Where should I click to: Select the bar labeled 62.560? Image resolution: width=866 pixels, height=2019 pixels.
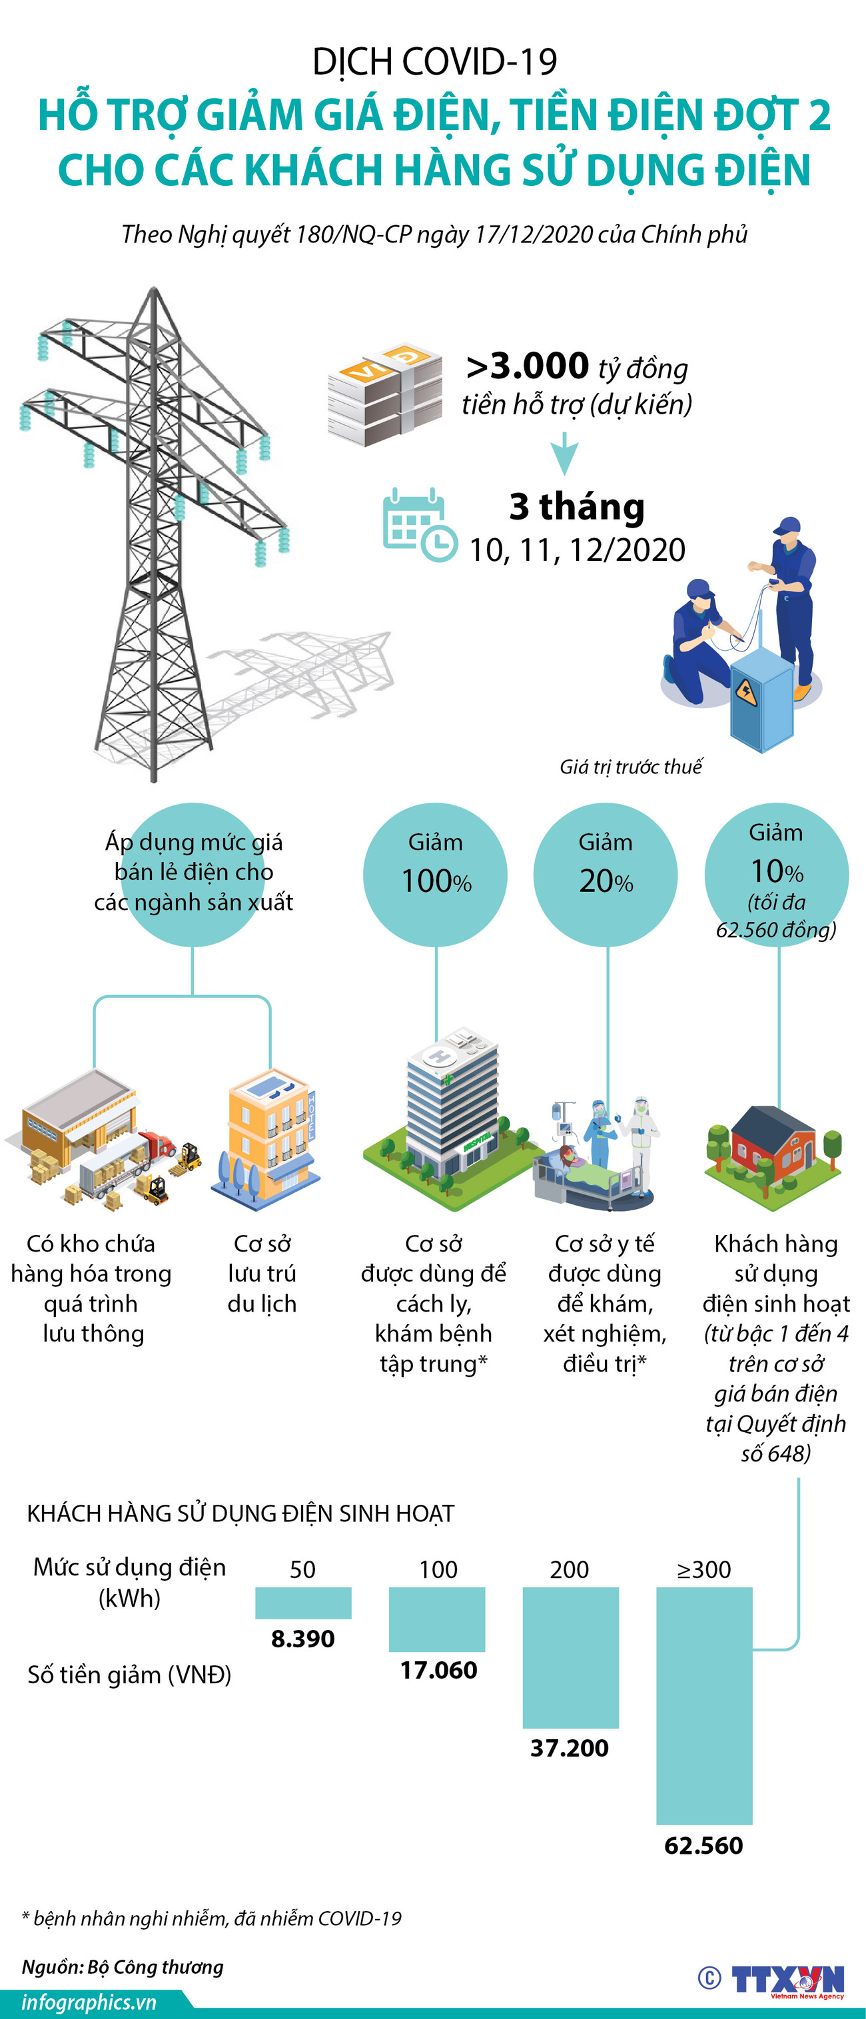click(x=703, y=1705)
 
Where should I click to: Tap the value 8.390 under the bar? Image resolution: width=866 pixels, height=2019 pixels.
click(x=302, y=1638)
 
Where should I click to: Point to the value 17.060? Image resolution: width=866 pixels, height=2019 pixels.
click(x=438, y=1669)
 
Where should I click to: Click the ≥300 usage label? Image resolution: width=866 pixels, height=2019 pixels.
click(x=703, y=1569)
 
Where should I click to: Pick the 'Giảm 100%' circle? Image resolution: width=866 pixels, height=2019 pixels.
click(x=435, y=873)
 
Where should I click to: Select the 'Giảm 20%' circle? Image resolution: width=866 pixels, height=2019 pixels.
click(x=605, y=873)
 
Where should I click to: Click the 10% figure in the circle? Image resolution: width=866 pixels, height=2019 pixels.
click(x=777, y=871)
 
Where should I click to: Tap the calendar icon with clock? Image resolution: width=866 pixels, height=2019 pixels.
click(x=418, y=524)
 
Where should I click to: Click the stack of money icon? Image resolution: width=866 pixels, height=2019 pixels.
click(x=384, y=394)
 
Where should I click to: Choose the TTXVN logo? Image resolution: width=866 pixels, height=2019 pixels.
click(x=787, y=1979)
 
